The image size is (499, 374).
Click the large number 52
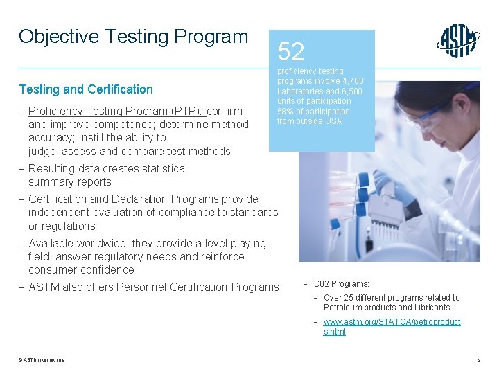click(291, 51)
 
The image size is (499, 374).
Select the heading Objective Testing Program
click(133, 36)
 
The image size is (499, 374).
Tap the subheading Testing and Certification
click(86, 89)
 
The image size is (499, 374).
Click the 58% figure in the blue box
click(285, 112)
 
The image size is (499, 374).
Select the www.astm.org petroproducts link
click(392, 327)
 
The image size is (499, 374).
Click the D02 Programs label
click(342, 284)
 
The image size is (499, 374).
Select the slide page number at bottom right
click(479, 360)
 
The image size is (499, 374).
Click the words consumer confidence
click(81, 269)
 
